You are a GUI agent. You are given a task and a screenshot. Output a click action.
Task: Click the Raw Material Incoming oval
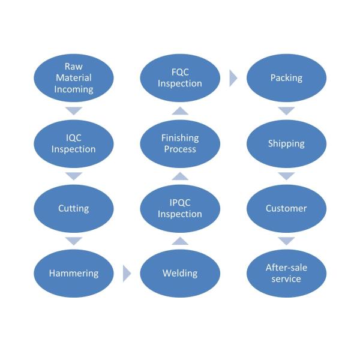click(74, 78)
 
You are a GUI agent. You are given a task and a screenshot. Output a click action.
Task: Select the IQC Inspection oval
click(74, 144)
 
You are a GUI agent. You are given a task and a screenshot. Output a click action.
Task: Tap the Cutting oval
click(74, 208)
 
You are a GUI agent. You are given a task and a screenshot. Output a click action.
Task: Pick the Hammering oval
click(74, 273)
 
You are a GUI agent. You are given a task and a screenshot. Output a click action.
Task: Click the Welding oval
click(180, 273)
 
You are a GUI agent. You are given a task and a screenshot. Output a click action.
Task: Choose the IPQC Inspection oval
click(180, 208)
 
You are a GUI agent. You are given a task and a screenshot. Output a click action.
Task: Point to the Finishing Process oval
click(180, 144)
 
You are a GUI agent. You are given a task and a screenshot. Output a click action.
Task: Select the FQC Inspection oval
click(180, 78)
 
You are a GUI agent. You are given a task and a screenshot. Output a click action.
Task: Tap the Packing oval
click(286, 78)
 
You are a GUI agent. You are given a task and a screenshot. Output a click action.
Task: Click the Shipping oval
click(286, 144)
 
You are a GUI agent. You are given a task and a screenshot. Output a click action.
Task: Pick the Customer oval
click(286, 208)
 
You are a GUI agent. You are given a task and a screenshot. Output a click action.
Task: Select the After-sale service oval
click(286, 273)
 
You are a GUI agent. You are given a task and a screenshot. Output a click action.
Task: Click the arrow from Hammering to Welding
click(127, 274)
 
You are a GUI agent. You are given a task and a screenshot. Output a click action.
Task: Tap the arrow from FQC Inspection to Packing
click(233, 78)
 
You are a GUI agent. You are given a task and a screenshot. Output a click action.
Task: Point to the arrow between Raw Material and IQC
click(74, 110)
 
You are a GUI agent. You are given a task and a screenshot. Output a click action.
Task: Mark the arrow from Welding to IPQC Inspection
click(180, 241)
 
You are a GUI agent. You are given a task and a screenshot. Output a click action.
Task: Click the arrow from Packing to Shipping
click(286, 110)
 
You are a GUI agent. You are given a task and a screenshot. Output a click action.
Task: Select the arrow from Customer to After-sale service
click(286, 241)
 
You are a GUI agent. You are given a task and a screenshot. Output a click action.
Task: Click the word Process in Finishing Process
click(180, 149)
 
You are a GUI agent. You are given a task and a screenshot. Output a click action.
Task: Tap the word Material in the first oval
click(74, 77)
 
